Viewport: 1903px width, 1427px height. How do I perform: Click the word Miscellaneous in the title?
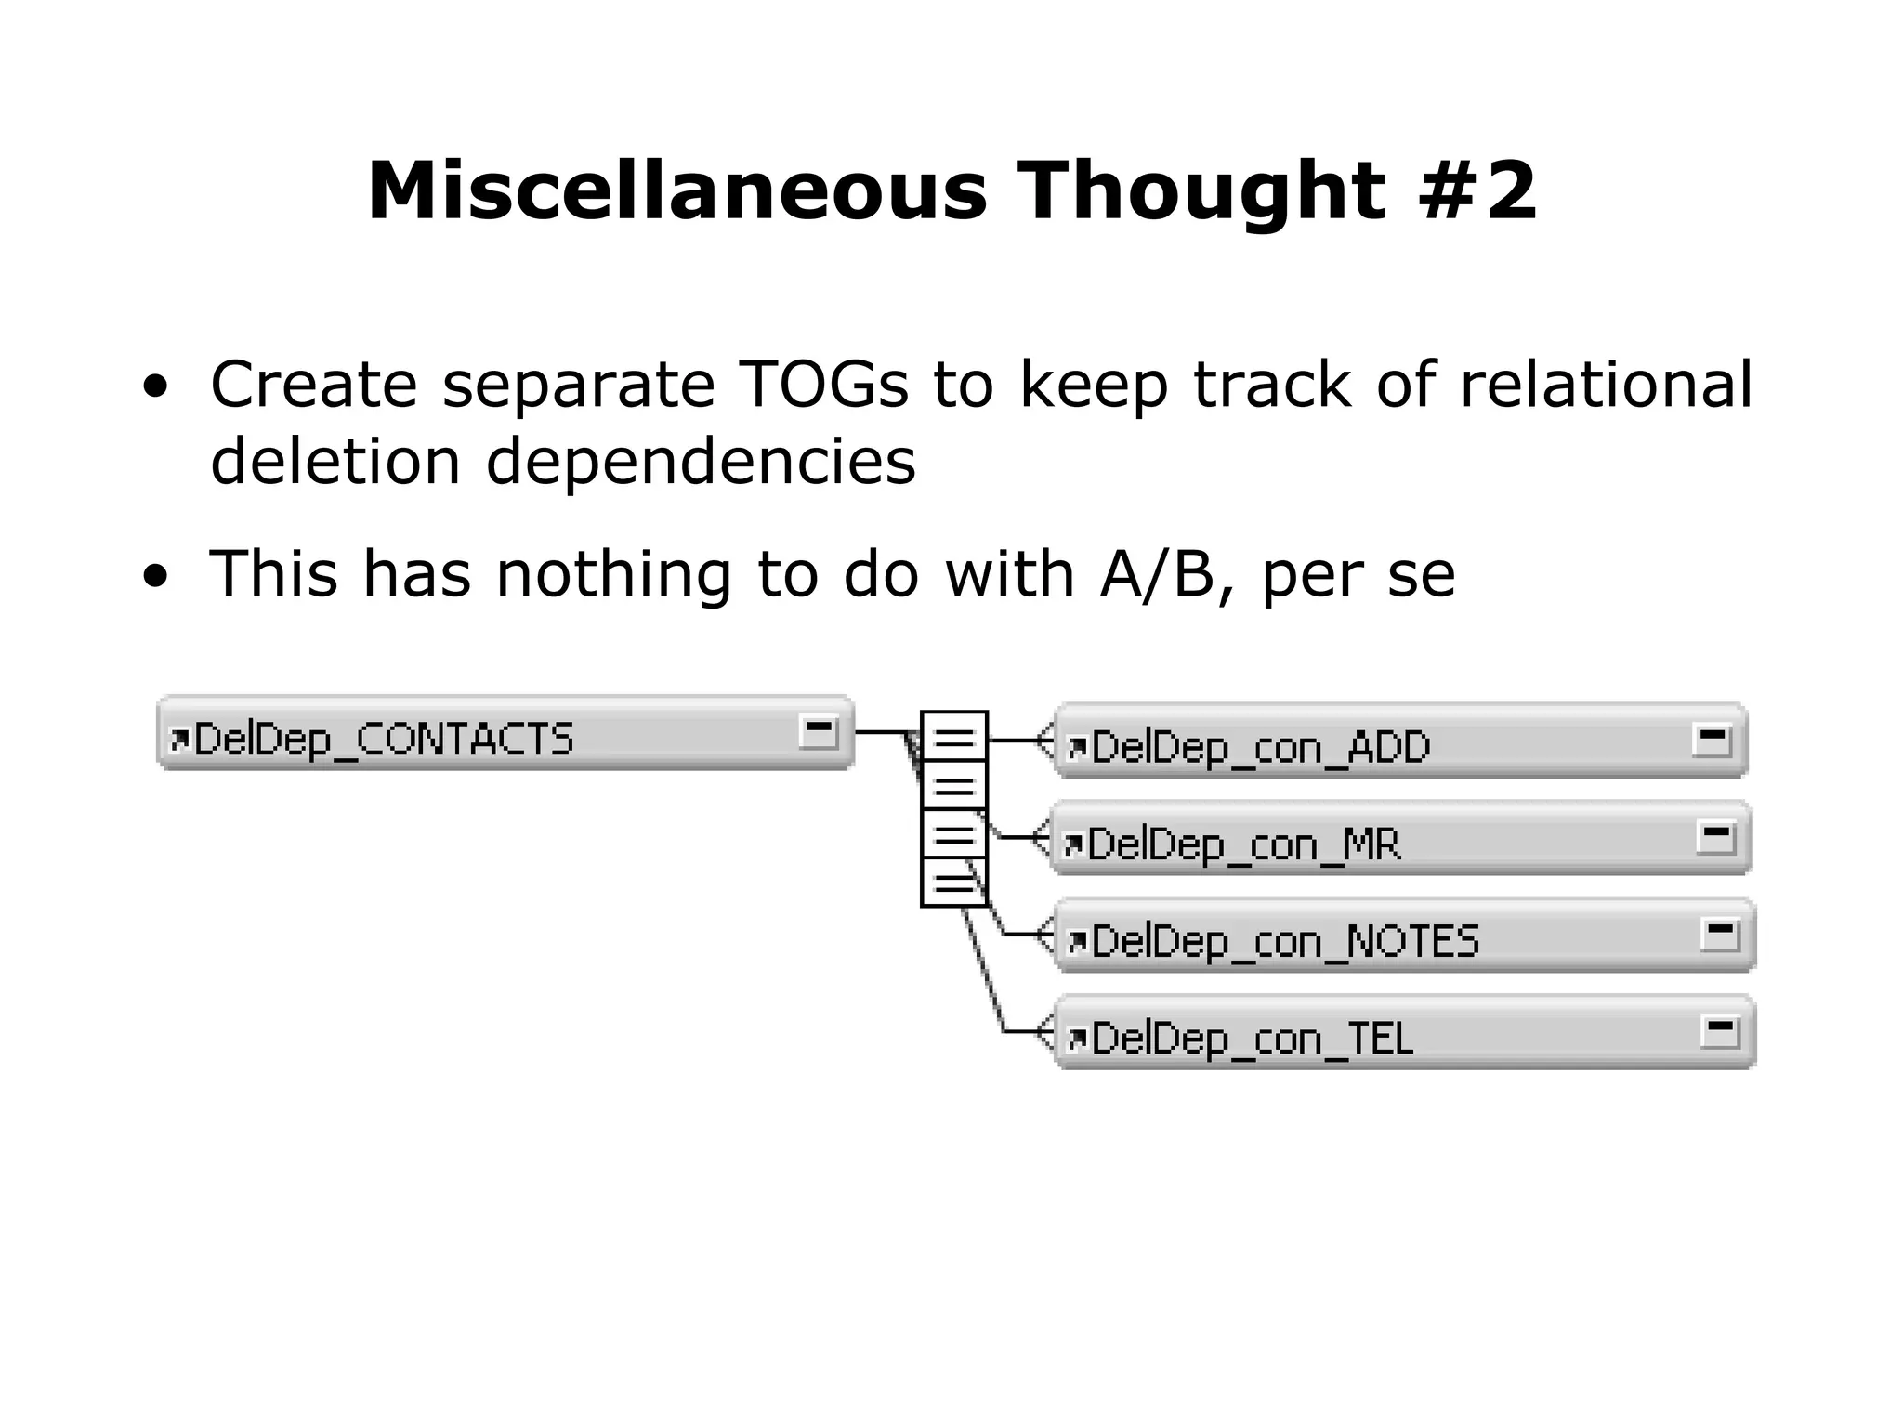[x=676, y=191]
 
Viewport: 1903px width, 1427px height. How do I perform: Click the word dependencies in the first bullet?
[x=701, y=462]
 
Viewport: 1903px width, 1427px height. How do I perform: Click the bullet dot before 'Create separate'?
[x=155, y=386]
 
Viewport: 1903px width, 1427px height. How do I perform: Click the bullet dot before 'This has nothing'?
[x=155, y=576]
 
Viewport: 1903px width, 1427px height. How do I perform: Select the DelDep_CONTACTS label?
[x=383, y=740]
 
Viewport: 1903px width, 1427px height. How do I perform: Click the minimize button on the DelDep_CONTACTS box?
[x=819, y=732]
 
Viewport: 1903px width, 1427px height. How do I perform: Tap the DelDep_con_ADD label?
[x=1260, y=747]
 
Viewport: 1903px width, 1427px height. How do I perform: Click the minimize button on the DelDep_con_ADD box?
[x=1712, y=740]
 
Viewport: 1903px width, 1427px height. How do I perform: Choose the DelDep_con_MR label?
[x=1243, y=844]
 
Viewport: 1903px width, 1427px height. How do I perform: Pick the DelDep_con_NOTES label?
[x=1284, y=941]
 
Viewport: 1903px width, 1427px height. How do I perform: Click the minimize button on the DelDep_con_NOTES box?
[x=1719, y=934]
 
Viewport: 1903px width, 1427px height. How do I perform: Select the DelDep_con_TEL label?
[x=1252, y=1039]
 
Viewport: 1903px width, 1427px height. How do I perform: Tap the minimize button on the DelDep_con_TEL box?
[x=1719, y=1031]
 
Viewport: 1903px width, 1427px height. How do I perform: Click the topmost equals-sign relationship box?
[x=953, y=740]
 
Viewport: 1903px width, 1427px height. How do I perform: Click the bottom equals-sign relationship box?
[x=953, y=884]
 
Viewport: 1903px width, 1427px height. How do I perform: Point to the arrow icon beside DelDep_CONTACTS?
[x=178, y=740]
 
